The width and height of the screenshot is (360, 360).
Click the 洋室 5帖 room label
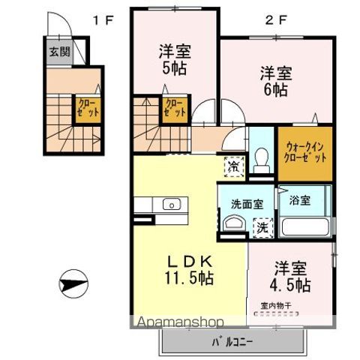pyautogui.click(x=174, y=59)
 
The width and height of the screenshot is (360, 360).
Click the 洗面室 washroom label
pyautogui.click(x=247, y=202)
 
